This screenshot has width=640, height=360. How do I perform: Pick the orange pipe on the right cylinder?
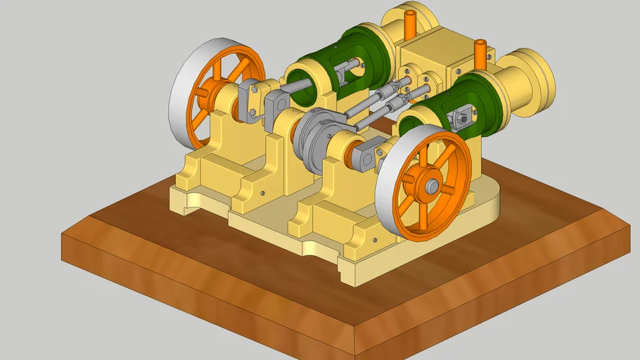(x=480, y=55)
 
